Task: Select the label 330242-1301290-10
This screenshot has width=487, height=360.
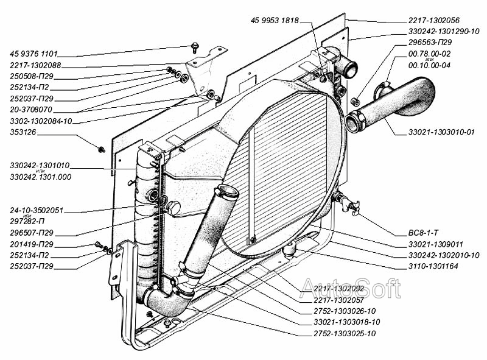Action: (444, 32)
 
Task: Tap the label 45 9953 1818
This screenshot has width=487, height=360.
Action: (275, 21)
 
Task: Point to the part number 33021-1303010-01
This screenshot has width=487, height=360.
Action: (441, 132)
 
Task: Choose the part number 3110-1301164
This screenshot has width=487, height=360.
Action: (433, 266)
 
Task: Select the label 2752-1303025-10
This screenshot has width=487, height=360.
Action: (345, 334)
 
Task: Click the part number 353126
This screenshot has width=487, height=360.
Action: (23, 132)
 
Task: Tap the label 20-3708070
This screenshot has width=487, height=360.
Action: (31, 110)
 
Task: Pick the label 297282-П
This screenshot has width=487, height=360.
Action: (27, 221)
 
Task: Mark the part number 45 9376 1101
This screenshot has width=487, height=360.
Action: (34, 54)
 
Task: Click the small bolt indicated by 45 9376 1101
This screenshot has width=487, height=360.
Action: (195, 47)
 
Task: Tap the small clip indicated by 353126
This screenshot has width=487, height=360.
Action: (101, 149)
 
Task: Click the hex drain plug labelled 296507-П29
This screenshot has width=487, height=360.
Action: (173, 208)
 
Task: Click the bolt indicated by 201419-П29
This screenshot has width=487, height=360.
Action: (99, 245)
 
